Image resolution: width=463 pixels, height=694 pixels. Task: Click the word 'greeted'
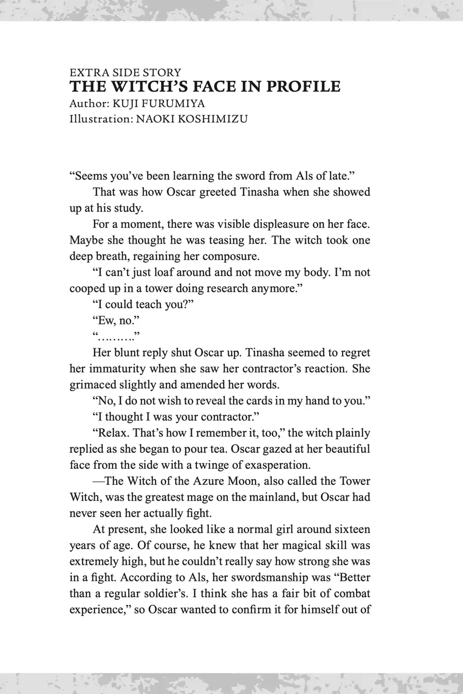click(x=209, y=192)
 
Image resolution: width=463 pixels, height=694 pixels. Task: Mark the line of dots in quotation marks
click(x=116, y=337)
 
